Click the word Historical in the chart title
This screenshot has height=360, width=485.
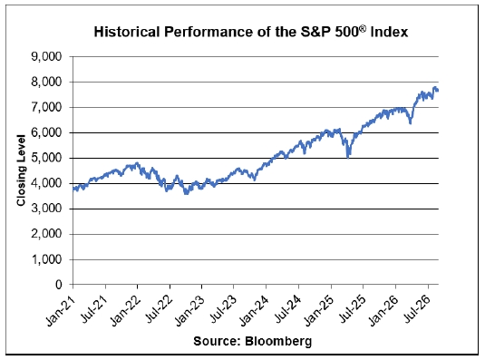[127, 32]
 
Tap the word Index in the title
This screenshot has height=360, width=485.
[389, 32]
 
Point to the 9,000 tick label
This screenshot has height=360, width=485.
[46, 56]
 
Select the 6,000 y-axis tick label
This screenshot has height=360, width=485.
[46, 132]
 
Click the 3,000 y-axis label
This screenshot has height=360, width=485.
[46, 209]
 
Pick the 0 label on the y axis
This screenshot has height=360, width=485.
[59, 285]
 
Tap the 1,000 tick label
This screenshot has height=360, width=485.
[46, 259]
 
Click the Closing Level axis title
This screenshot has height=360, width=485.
[21, 170]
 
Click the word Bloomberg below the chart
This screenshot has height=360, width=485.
[278, 342]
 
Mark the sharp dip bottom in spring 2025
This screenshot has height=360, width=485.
[348, 158]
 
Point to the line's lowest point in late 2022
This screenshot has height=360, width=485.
[186, 194]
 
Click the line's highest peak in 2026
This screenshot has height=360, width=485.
[435, 88]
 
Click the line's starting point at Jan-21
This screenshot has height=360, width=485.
[73, 188]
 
